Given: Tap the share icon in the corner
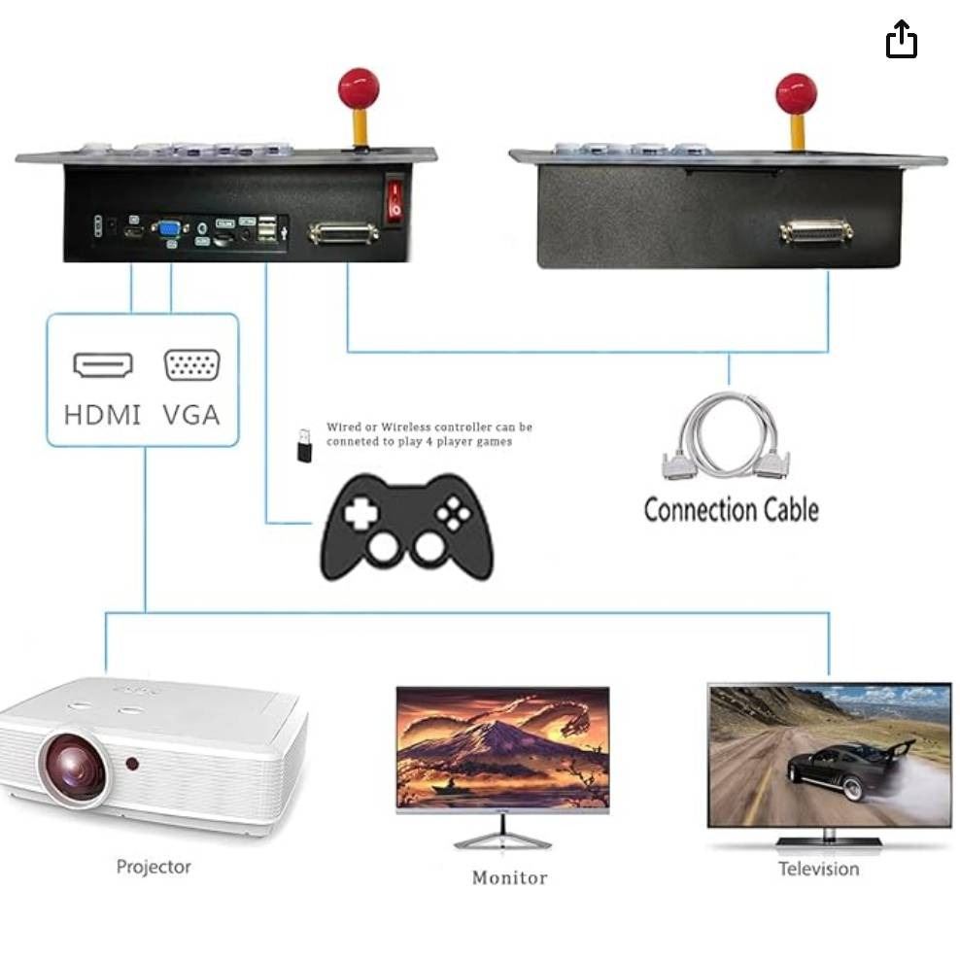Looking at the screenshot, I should coord(901,40).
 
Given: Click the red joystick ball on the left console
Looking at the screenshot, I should coord(358,88).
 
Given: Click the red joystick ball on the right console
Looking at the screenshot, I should coord(796,93).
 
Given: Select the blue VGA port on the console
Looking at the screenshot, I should coord(169,229).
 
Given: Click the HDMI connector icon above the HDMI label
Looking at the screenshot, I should coord(103,365).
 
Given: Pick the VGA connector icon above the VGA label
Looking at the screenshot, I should coord(191,365).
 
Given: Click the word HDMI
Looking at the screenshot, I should coord(103,415).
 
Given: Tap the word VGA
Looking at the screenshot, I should coord(191,415).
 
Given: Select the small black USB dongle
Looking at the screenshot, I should coord(304,445).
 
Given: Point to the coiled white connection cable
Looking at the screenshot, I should coord(726,437).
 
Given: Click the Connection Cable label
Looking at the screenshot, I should coord(731,510).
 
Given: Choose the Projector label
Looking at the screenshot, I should coord(154,867).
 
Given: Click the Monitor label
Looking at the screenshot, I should coord(509,877).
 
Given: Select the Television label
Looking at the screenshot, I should coord(818,869).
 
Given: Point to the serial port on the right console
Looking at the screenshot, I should coord(816,232).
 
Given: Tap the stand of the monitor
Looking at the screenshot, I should coord(502,834).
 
